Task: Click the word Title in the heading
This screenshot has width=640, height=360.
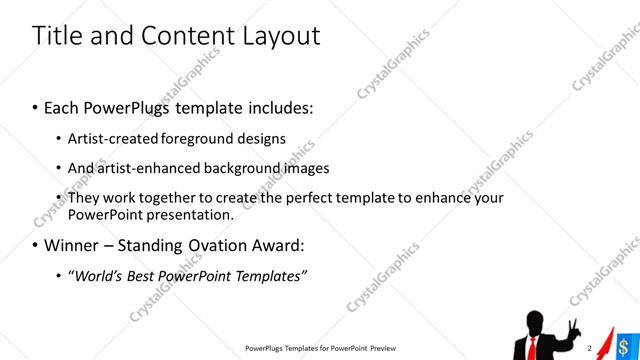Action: point(59,37)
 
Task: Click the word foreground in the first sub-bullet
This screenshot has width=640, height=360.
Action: point(215,138)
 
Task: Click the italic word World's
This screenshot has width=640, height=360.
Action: point(99,274)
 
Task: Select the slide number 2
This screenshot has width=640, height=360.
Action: point(590,348)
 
